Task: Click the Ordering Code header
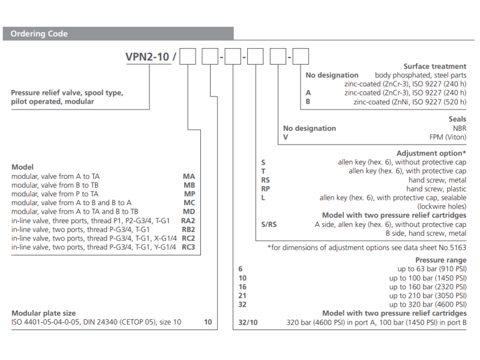click(x=40, y=34)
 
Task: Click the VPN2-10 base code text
click(x=148, y=58)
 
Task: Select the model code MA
click(x=188, y=177)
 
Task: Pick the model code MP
click(x=188, y=194)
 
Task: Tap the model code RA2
click(x=188, y=220)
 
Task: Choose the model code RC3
click(x=188, y=247)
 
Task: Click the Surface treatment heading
click(x=434, y=67)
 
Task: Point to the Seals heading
click(x=456, y=120)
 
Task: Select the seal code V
click(x=286, y=137)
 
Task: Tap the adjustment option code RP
click(x=265, y=189)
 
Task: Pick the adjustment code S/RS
click(x=269, y=224)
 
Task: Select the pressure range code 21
click(x=242, y=296)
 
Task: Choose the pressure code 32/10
click(x=247, y=322)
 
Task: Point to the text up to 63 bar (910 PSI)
click(x=428, y=269)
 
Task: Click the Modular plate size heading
click(x=44, y=313)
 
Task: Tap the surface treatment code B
click(x=308, y=102)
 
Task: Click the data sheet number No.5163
click(x=449, y=247)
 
